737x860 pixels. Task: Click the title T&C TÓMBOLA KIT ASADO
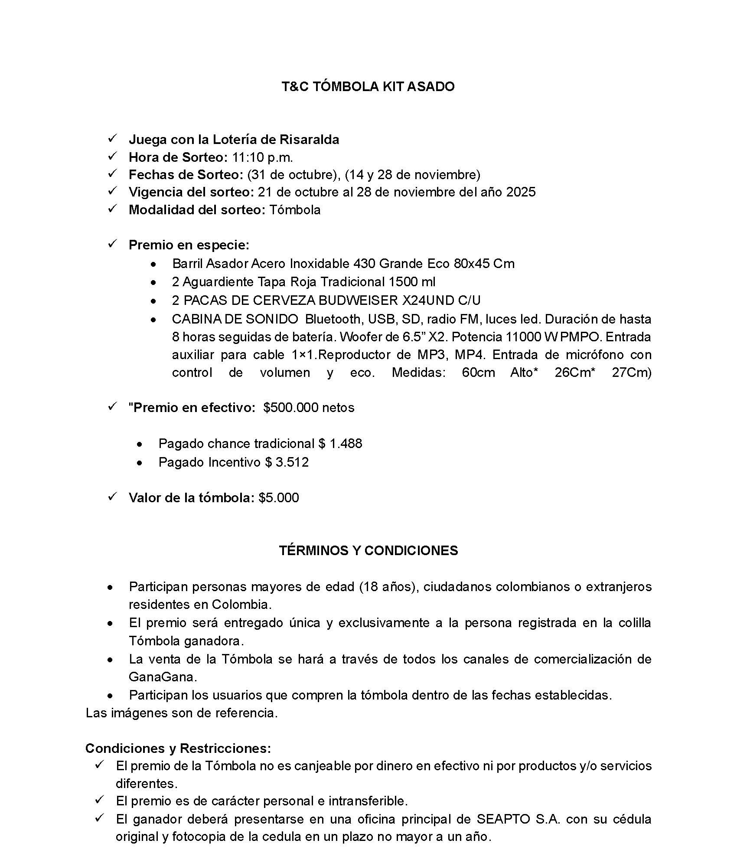click(368, 87)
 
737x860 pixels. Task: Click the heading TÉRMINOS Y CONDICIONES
click(368, 551)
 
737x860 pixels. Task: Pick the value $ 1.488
click(340, 444)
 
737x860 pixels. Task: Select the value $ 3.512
click(287, 462)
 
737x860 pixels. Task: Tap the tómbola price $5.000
click(279, 498)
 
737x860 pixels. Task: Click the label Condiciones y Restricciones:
click(178, 749)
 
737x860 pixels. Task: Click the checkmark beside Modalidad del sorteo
click(112, 209)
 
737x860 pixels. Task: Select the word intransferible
click(368, 801)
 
